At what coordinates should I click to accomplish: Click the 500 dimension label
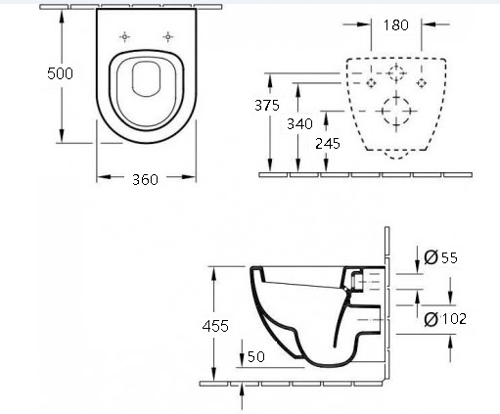click(60, 73)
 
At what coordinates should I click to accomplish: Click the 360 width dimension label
click(145, 179)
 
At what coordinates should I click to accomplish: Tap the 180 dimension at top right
click(395, 25)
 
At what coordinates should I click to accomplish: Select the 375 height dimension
click(267, 105)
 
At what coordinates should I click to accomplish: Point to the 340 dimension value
click(299, 123)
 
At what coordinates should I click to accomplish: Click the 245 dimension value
click(328, 143)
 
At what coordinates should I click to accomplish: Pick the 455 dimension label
click(215, 326)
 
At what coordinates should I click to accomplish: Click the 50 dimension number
click(256, 356)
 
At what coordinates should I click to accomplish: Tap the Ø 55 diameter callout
click(441, 257)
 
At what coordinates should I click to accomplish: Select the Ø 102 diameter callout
click(445, 319)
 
